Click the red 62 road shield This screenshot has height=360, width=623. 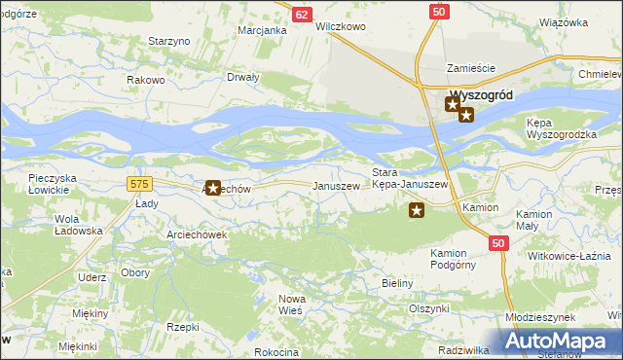303,15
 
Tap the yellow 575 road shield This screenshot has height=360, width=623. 139,183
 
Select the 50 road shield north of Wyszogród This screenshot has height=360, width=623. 439,10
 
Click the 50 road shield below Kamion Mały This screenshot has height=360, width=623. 498,243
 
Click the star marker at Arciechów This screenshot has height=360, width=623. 212,187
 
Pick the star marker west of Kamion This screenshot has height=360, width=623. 417,209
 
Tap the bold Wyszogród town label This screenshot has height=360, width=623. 482,96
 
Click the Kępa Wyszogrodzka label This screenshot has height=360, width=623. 559,128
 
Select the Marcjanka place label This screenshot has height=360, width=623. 262,30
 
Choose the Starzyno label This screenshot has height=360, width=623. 167,41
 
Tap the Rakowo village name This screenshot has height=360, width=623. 145,80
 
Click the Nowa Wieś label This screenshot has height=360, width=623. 292,303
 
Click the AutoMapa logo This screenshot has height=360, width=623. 557,341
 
